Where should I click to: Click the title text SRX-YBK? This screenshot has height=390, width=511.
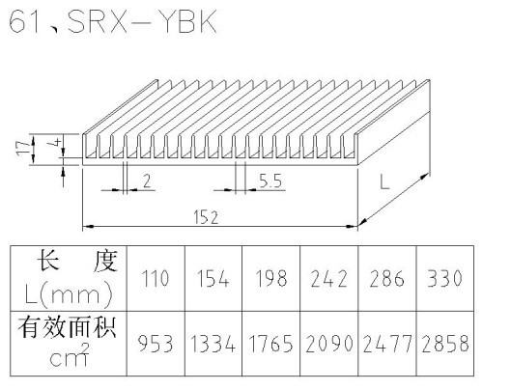[x=142, y=22]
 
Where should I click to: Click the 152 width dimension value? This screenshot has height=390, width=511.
[x=206, y=217]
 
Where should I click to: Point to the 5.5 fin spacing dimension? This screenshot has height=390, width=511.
[x=270, y=181]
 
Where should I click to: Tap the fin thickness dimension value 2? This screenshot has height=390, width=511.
[x=147, y=181]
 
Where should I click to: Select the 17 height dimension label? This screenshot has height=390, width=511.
[x=24, y=149]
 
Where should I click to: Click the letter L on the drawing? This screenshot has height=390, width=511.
[x=384, y=181]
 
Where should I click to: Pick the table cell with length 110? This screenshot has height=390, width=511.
[x=156, y=279]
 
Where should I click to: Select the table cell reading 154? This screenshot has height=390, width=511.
[x=213, y=279]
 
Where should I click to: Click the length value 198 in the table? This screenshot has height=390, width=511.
[x=271, y=279]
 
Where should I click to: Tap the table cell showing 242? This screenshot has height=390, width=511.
[x=328, y=279]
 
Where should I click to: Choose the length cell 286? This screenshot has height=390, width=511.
[x=386, y=279]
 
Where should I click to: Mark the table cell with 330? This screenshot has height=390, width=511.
[x=445, y=279]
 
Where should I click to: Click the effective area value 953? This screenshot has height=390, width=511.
[x=156, y=344]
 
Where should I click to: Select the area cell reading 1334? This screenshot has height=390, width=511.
[x=213, y=344]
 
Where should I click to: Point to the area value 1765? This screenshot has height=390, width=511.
[x=271, y=344]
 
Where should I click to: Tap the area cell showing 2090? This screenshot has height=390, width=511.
[x=328, y=344]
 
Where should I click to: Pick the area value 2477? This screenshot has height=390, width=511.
[x=386, y=344]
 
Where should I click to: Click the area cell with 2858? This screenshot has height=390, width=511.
[x=445, y=344]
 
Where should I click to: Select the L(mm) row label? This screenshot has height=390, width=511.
[x=69, y=295]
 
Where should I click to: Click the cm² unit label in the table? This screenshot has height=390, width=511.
[x=70, y=355]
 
